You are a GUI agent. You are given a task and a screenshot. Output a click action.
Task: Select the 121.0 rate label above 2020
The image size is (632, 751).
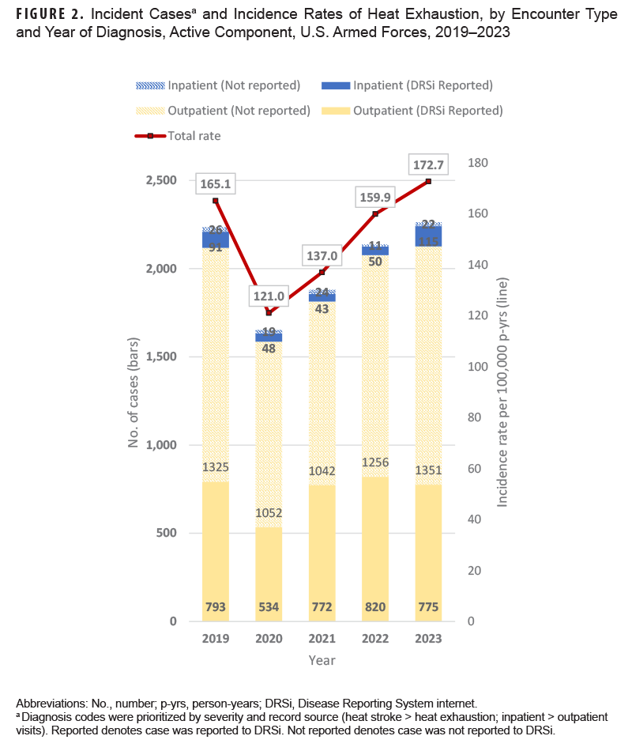click(269, 296)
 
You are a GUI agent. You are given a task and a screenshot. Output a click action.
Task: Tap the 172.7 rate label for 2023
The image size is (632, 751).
click(428, 166)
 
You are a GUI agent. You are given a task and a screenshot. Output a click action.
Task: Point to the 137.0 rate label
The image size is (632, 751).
click(322, 256)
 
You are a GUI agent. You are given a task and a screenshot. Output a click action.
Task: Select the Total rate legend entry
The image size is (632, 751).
click(194, 136)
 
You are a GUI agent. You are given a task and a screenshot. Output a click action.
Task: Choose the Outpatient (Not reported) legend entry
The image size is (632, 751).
click(238, 111)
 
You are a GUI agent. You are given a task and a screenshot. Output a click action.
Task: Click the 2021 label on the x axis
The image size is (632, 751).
click(322, 639)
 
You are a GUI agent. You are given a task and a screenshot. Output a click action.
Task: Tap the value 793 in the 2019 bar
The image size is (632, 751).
click(215, 608)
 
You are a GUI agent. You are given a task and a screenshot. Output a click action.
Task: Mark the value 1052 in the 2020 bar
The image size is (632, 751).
click(269, 513)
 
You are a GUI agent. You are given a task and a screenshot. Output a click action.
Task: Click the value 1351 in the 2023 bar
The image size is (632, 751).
click(428, 471)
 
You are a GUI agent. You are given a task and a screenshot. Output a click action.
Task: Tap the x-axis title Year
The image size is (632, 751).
click(322, 660)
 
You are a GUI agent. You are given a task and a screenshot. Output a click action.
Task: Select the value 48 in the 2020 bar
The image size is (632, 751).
click(269, 347)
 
